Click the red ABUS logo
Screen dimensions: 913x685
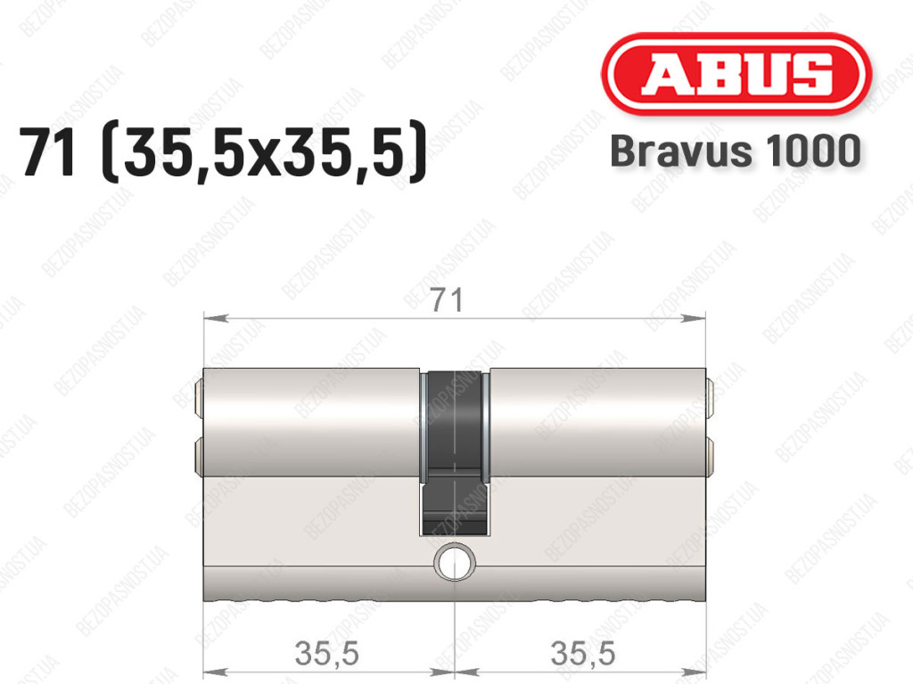tap(736, 74)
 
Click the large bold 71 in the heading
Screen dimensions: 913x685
tap(49, 151)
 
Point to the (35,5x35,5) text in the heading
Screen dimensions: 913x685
tap(264, 152)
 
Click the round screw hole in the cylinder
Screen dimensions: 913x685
tap(455, 562)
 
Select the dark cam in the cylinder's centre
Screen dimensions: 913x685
tap(455, 452)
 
